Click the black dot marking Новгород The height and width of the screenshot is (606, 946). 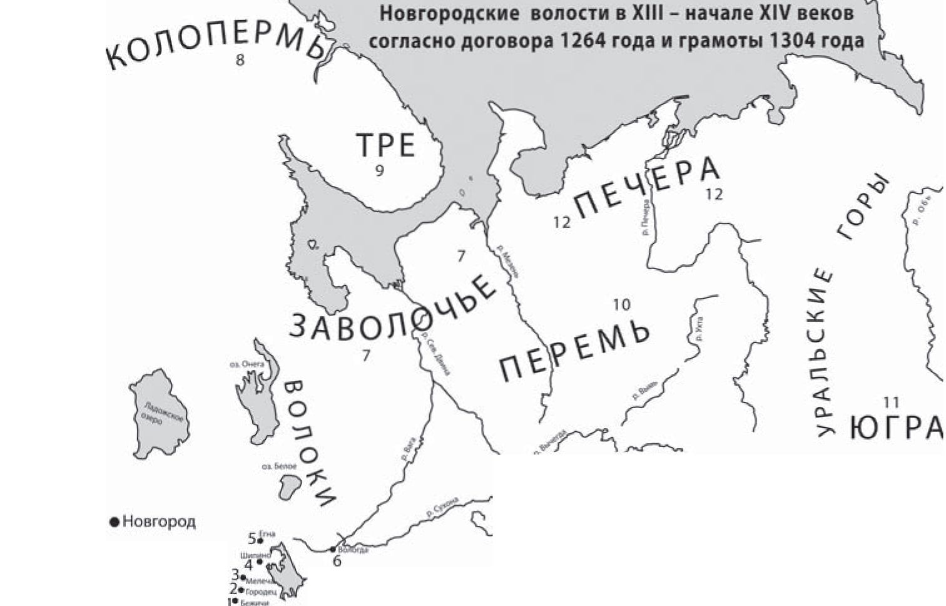[x=114, y=521]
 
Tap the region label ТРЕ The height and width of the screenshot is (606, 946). [x=386, y=146]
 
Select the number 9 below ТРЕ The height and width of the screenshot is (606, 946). [x=379, y=170]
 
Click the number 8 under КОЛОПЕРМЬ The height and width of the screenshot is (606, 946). [x=240, y=60]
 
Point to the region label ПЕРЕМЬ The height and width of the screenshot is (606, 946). [x=574, y=349]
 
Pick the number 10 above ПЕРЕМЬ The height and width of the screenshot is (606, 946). [x=621, y=305]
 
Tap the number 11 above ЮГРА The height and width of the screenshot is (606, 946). [x=891, y=402]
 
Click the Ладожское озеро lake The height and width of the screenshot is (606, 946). [x=160, y=414]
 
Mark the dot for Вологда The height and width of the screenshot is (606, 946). [x=333, y=550]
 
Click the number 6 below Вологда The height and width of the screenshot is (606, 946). [x=337, y=561]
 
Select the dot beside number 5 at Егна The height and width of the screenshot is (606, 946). [x=260, y=540]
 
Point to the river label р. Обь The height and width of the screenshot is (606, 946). [x=917, y=213]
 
